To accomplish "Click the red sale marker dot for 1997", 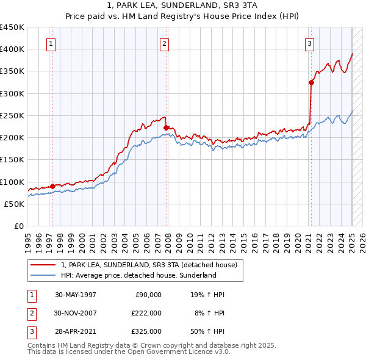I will click(52, 186).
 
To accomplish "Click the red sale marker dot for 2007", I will click(166, 128).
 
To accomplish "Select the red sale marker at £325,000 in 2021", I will click(311, 82).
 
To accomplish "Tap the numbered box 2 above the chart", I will click(165, 43).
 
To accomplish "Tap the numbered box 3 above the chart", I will click(310, 43).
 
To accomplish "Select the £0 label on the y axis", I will click(18, 226).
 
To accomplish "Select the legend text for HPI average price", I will click(138, 275).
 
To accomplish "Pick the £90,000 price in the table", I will click(147, 295).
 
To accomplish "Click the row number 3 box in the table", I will click(30, 331).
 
